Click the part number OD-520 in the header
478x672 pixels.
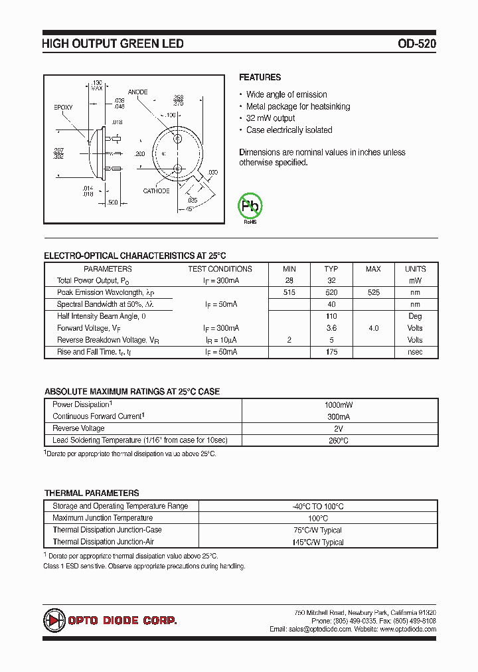coord(417,44)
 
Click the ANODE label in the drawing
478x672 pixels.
coord(137,92)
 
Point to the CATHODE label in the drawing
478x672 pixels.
coord(156,191)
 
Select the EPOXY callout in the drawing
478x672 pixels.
coord(63,107)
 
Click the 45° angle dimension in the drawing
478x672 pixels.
coord(189,209)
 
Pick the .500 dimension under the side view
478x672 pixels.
coord(112,203)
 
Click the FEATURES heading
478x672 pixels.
coord(260,77)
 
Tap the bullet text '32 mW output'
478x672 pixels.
coord(270,118)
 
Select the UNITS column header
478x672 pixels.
coord(415,269)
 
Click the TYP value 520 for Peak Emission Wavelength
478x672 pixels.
coord(331,292)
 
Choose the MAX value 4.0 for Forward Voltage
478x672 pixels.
coord(373,328)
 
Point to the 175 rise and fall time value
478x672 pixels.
coord(331,352)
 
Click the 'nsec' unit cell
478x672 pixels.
coord(415,352)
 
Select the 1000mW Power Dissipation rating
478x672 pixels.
coord(338,404)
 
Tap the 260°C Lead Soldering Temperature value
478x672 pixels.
coord(338,440)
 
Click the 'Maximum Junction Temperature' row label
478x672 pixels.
coord(102,518)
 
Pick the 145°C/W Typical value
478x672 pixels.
coord(318,542)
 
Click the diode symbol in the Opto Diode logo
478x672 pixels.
coord(54,620)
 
